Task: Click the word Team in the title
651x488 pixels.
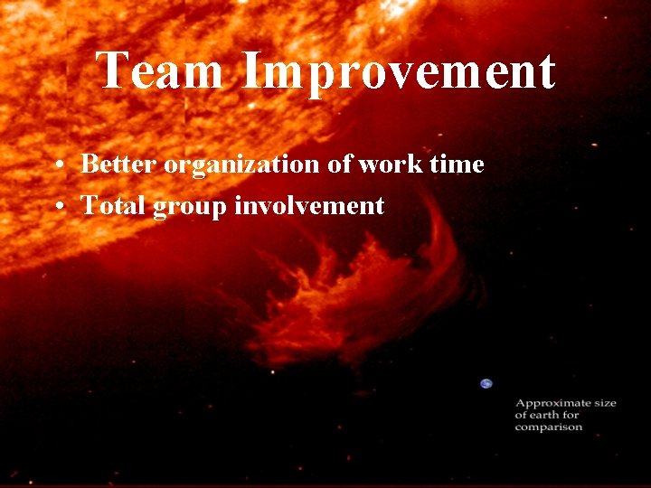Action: [x=160, y=72]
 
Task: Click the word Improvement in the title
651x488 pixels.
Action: [x=399, y=72]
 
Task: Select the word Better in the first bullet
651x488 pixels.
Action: [x=119, y=164]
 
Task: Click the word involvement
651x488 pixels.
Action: [x=309, y=206]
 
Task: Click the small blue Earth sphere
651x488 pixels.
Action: [x=486, y=383]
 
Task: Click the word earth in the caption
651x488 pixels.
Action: [x=543, y=415]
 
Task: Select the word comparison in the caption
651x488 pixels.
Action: [x=549, y=427]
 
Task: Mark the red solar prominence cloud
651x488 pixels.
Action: [x=362, y=289]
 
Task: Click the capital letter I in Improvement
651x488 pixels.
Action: [x=251, y=72]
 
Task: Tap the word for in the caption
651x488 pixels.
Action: [x=571, y=415]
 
